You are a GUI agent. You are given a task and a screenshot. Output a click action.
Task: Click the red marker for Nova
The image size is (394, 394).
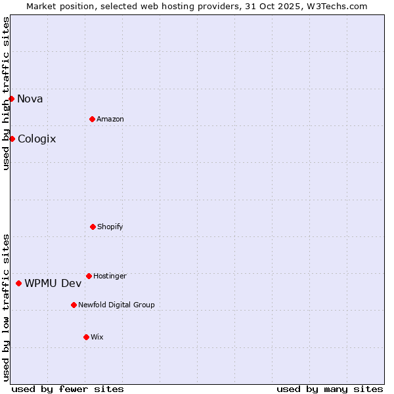pyautogui.click(x=11, y=98)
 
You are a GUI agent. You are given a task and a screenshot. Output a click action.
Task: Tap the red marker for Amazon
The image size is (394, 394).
pyautogui.click(x=92, y=119)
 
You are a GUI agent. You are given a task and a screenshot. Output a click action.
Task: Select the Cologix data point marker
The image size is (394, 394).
pyautogui.click(x=12, y=139)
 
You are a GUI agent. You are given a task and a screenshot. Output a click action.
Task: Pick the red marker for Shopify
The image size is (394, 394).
pyautogui.click(x=93, y=227)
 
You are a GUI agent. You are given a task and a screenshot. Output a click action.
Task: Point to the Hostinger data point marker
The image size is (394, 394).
pyautogui.click(x=89, y=276)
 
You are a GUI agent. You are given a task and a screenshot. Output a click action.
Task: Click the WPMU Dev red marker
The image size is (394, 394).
pyautogui.click(x=18, y=283)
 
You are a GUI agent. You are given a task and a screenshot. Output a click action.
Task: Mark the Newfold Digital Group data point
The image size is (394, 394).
pyautogui.click(x=74, y=305)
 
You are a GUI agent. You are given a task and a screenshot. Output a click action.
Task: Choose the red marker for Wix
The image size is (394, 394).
pyautogui.click(x=86, y=337)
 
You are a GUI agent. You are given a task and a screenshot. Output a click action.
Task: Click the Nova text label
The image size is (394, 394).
pyautogui.click(x=30, y=99)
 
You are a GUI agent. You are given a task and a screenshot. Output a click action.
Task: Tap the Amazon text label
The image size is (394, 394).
pyautogui.click(x=110, y=119)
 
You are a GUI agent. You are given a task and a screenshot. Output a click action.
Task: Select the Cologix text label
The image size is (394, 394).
pyautogui.click(x=37, y=139)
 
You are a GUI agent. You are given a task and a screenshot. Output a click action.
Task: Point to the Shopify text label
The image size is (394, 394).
pyautogui.click(x=110, y=227)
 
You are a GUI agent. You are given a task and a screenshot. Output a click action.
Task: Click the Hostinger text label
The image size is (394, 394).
pyautogui.click(x=110, y=276)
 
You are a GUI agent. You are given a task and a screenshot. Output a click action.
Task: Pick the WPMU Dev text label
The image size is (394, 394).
pyautogui.click(x=53, y=284)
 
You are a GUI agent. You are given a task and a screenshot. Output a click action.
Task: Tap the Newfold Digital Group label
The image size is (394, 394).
pyautogui.click(x=116, y=305)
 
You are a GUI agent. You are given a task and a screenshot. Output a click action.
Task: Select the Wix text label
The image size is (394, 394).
pyautogui.click(x=97, y=337)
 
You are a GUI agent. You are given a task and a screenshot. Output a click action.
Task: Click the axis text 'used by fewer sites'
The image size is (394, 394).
pyautogui.click(x=68, y=389)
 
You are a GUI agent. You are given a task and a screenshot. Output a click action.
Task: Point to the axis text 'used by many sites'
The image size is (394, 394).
pyautogui.click(x=330, y=389)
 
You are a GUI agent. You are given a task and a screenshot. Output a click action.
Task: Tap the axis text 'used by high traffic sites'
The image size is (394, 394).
pyautogui.click(x=6, y=94)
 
